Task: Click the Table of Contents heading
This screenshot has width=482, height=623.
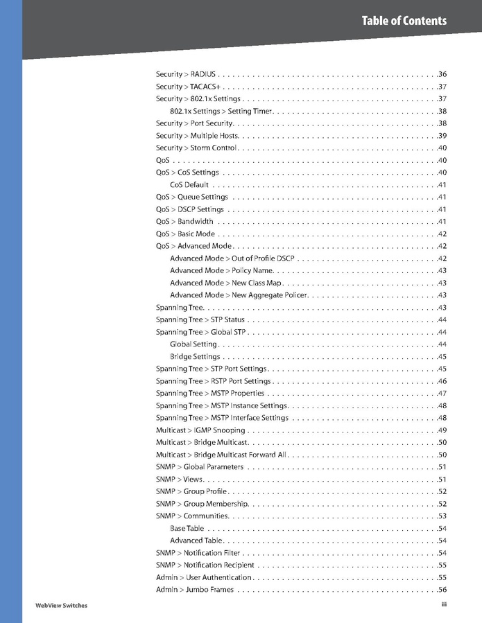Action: point(404,21)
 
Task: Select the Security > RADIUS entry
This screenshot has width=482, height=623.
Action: point(186,74)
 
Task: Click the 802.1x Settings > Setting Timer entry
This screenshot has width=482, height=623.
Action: point(221,111)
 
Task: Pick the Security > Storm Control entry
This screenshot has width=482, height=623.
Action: point(197,148)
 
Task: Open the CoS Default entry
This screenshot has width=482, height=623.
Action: point(189,185)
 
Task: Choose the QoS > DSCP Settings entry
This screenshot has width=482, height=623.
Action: point(190,209)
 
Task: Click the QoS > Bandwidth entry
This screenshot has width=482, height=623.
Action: point(184,222)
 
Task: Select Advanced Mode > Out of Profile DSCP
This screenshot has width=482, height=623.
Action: point(232,258)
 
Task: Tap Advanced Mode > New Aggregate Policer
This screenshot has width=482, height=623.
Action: point(239,295)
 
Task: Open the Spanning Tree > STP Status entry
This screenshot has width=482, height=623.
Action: point(200,319)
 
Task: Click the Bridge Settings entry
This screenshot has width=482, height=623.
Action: point(195,357)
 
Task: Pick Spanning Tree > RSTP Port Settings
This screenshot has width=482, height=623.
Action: point(214,381)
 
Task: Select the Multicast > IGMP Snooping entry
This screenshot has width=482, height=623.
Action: point(200,430)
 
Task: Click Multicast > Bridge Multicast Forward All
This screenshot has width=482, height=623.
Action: point(221,455)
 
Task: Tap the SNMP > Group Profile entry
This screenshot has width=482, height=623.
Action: point(191,491)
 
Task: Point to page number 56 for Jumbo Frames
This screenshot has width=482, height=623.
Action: point(442,590)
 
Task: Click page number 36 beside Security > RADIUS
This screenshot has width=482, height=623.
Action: point(442,74)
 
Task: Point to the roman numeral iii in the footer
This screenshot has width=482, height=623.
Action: point(443,604)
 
